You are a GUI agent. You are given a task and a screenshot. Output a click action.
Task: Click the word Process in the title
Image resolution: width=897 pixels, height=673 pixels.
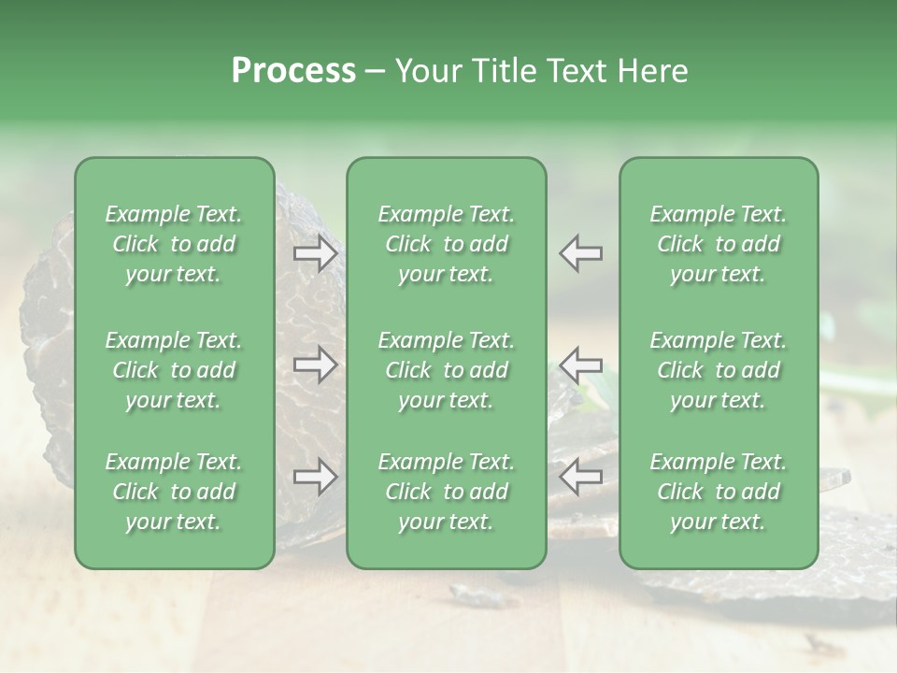point(293,71)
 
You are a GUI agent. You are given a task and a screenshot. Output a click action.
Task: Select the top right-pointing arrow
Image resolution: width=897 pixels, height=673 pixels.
point(316,253)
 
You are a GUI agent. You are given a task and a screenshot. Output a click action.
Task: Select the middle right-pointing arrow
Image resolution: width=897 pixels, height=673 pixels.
point(316,364)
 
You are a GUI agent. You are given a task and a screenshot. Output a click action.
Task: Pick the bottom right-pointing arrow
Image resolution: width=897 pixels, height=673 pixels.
point(316,478)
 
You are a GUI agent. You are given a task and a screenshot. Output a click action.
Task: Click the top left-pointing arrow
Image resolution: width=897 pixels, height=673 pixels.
point(580,253)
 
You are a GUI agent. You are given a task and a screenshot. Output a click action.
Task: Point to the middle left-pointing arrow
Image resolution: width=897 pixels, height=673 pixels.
point(580,364)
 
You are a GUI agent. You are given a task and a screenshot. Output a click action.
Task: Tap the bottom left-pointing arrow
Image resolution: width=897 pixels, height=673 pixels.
point(580,478)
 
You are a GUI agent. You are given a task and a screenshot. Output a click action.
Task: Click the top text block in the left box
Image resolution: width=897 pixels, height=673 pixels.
point(174,244)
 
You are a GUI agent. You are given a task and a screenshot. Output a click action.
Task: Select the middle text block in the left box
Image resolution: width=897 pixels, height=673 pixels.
point(174,370)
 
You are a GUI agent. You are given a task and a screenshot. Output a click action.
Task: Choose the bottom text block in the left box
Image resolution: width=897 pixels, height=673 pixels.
point(174,492)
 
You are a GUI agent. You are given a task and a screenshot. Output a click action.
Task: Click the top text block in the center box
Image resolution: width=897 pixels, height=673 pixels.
point(446,244)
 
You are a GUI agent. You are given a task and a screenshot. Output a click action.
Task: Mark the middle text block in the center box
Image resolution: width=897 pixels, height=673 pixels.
point(446,370)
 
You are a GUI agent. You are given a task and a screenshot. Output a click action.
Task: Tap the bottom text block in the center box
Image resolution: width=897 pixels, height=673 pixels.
point(446,492)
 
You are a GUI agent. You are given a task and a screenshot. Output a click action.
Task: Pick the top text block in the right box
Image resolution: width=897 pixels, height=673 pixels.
point(718,244)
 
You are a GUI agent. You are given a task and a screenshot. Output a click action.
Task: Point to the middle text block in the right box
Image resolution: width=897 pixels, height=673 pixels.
point(718,370)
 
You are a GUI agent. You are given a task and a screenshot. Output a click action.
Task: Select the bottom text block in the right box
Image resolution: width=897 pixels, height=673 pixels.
point(718,492)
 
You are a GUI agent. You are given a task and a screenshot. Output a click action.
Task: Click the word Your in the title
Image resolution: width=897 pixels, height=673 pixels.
point(425,71)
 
